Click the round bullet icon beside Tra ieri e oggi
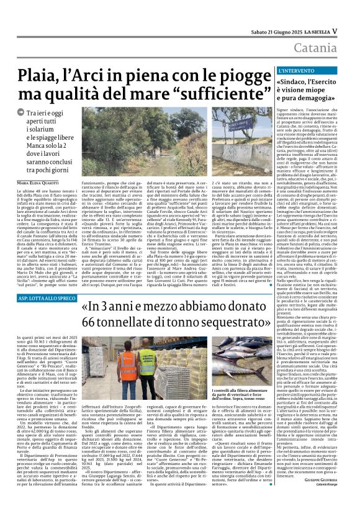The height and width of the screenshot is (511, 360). tap(20, 114)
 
